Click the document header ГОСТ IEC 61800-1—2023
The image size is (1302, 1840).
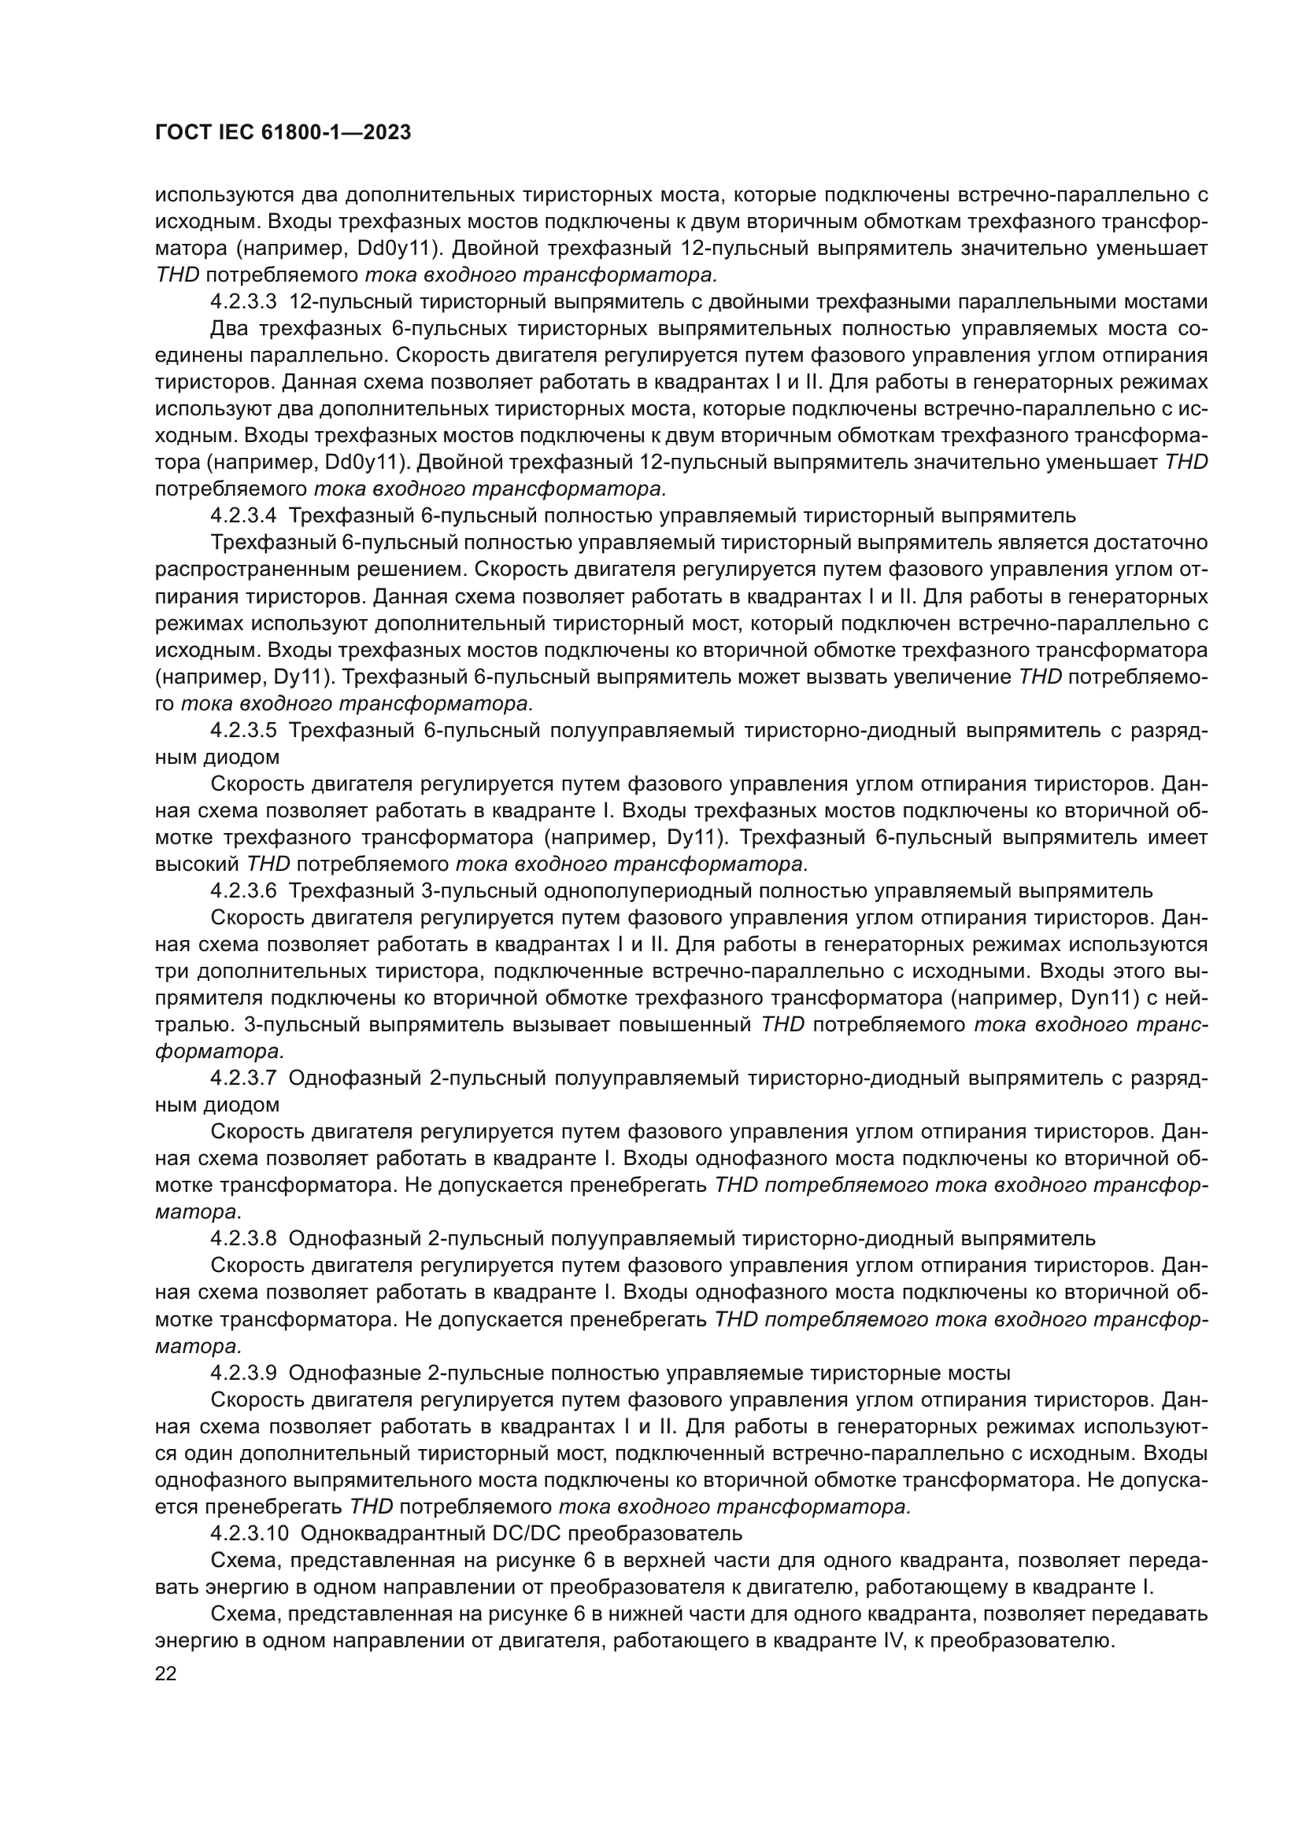283,133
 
